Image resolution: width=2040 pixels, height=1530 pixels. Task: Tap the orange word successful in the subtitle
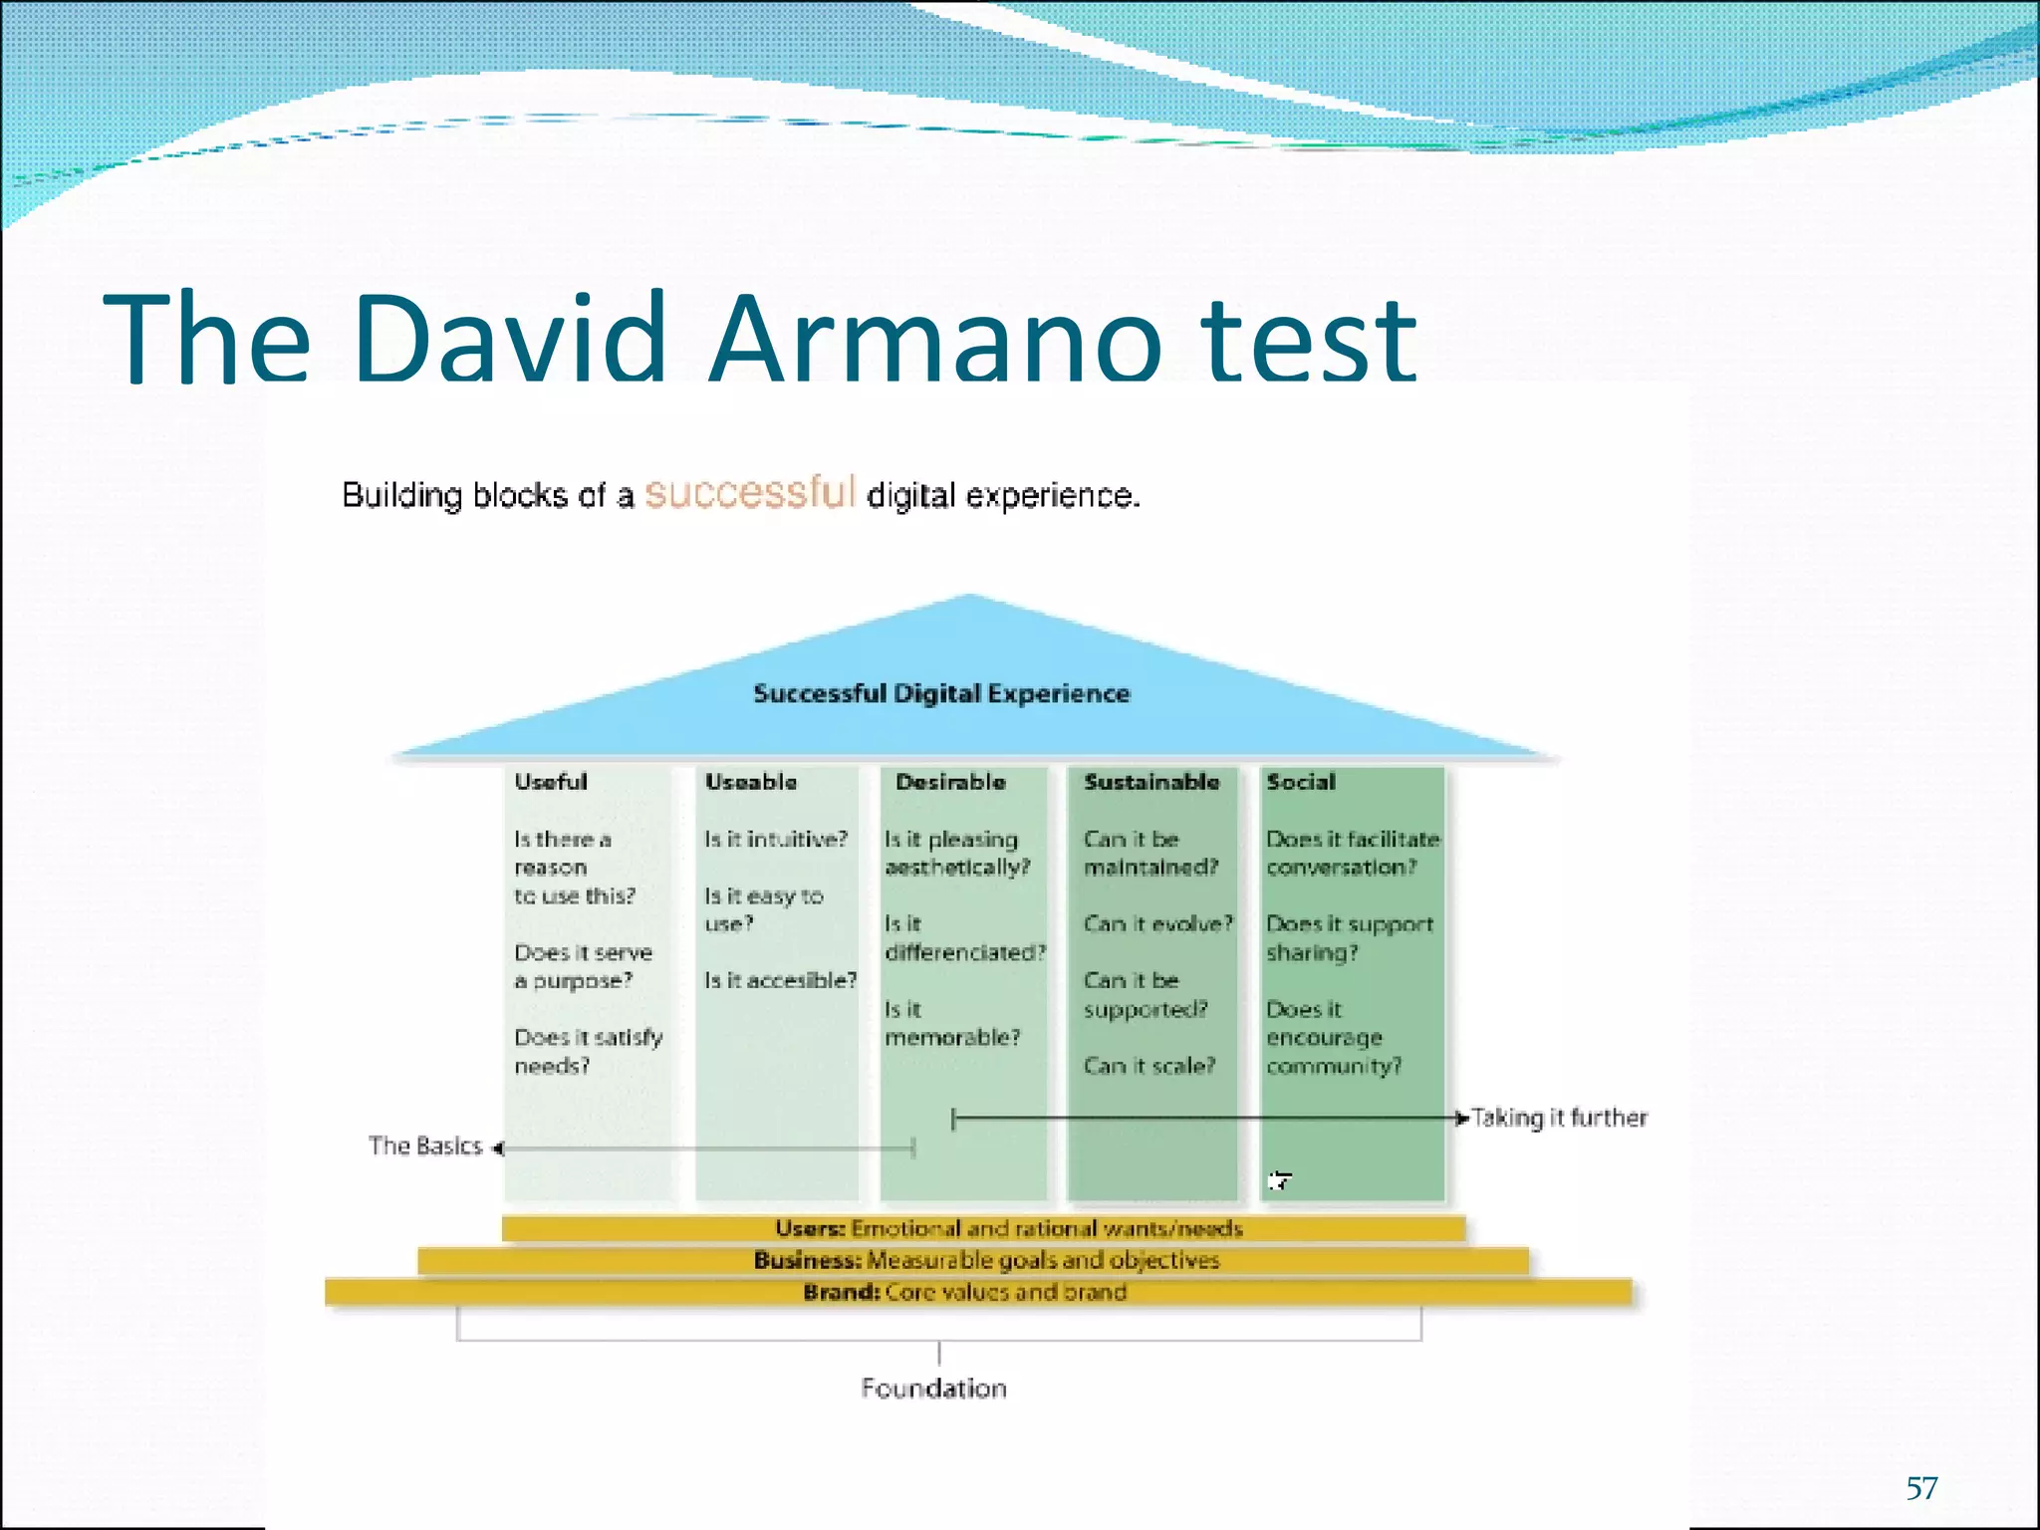coord(750,492)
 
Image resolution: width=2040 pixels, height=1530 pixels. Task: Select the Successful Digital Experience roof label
coord(941,693)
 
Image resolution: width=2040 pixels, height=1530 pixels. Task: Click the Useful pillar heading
coord(551,782)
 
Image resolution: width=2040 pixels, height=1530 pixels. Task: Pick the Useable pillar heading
coord(751,782)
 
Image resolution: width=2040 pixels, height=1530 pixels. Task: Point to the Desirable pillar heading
coord(950,782)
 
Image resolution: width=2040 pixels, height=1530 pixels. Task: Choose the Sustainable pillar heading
coord(1151,782)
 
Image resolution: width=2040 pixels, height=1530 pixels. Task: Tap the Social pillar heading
coord(1300,782)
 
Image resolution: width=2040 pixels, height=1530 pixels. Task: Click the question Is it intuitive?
coord(776,840)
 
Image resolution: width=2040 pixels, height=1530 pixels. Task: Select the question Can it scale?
coord(1149,1066)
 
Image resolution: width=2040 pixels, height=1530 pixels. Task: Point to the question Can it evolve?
coord(1157,924)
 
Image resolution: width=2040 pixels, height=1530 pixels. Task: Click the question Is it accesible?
coord(780,981)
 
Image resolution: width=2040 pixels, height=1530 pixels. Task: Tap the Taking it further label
coord(1559,1118)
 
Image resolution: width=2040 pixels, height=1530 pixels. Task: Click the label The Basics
coord(425,1147)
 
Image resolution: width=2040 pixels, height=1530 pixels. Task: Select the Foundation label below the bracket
coord(933,1389)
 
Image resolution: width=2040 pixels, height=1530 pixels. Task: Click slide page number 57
coord(1921,1488)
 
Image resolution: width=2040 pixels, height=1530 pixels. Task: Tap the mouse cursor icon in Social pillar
coord(1279,1181)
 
